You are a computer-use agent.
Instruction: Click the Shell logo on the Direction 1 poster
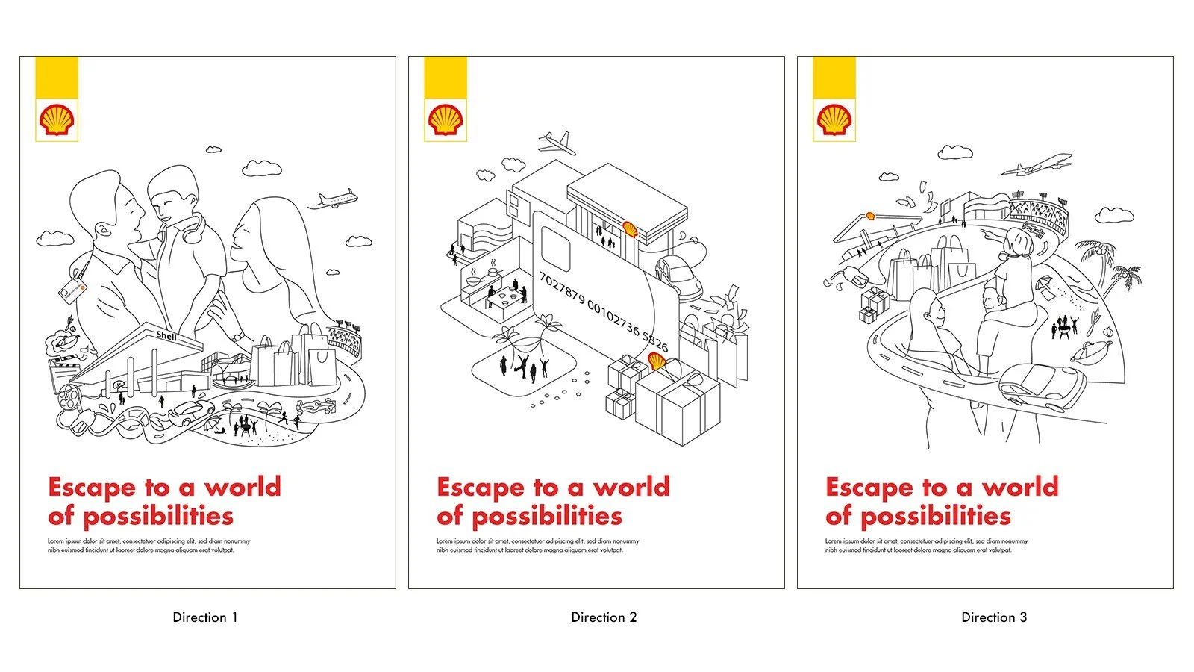[57, 119]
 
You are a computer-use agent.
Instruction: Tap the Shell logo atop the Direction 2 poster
[446, 119]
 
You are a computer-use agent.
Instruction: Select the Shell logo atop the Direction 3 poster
[834, 119]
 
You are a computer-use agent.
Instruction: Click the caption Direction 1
[205, 617]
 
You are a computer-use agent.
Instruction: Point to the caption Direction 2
[604, 617]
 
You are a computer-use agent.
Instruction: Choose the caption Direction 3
[994, 617]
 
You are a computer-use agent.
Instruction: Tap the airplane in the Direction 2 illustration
[557, 142]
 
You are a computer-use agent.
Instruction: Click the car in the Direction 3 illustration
[1042, 387]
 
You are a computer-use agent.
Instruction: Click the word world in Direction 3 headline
[1019, 488]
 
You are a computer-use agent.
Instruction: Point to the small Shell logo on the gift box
[657, 362]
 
